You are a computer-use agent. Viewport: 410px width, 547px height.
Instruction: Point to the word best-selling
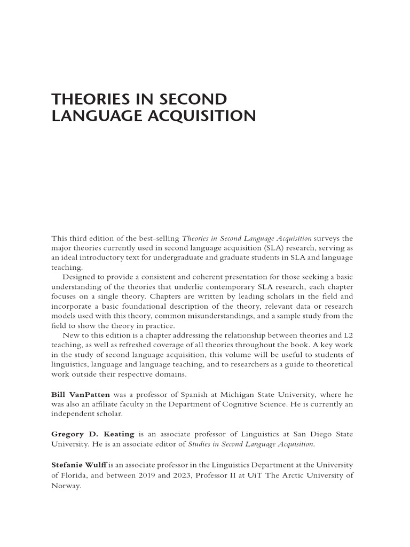[x=159, y=238]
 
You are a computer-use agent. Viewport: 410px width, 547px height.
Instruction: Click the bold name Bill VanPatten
[x=81, y=394]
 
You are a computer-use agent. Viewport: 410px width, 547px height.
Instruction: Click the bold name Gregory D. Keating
[x=92, y=434]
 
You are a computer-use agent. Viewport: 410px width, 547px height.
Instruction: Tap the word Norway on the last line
[x=66, y=486]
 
